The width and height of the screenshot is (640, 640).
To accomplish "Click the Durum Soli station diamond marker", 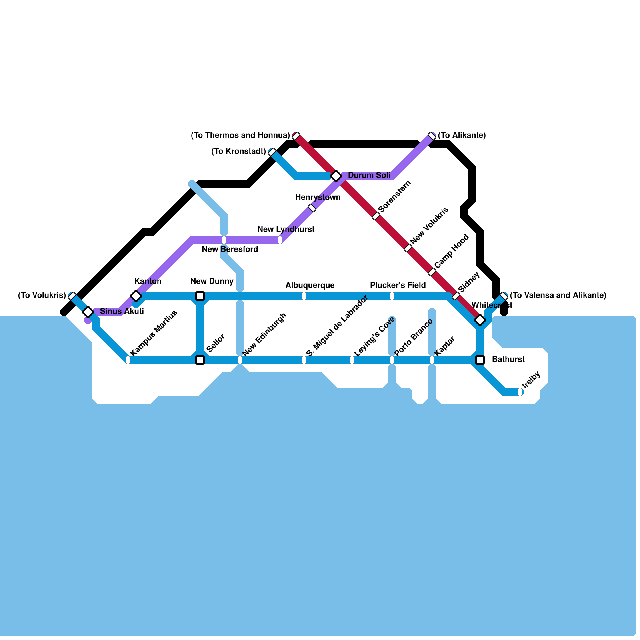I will pos(336,176).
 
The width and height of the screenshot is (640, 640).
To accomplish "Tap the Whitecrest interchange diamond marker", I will pos(480,320).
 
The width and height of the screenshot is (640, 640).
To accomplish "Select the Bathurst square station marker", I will pos(480,360).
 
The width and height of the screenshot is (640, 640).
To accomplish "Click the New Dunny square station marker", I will pos(200,296).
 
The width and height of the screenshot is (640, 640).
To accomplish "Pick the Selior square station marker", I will pos(200,360).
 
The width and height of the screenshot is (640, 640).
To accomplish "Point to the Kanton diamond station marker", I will pos(136,296).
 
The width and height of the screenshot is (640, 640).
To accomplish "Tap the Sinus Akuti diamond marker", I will pos(88,312).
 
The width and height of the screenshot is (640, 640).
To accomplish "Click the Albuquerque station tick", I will pos(304,296).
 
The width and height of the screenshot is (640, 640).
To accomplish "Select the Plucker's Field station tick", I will pos(392,296).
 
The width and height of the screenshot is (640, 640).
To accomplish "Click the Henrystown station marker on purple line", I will pos(312,208).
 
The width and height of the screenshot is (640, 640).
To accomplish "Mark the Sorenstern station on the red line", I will pos(376,216).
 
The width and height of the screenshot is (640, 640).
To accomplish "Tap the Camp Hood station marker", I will pos(432,272).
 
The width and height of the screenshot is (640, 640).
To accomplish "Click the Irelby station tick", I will pos(520,392).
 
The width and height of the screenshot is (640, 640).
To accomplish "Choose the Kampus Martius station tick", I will pos(128,360).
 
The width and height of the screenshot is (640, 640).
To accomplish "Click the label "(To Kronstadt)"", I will pos(238,152).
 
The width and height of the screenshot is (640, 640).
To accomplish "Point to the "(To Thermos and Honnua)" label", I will pos(240,136).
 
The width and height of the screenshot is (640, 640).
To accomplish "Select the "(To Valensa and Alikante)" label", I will pos(558,296).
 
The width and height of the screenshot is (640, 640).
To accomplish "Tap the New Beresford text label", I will pos(230,250).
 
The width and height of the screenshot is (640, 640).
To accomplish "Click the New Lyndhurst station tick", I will pos(280,240).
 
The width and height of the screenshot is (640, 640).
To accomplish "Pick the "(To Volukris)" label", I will pos(42,296).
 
